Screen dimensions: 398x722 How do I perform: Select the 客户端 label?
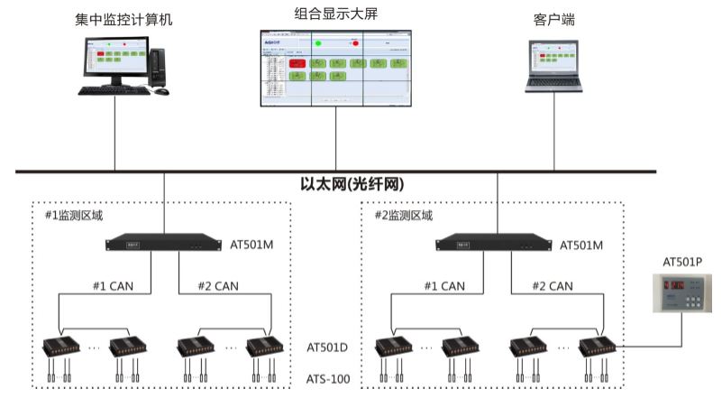(x=554, y=19)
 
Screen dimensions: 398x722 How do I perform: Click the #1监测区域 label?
(x=75, y=216)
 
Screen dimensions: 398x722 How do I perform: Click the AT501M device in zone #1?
(x=164, y=243)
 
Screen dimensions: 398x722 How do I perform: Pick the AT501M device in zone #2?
(x=494, y=243)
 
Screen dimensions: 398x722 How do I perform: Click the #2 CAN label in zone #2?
(x=549, y=286)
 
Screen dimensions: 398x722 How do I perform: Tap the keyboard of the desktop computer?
(x=118, y=91)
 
